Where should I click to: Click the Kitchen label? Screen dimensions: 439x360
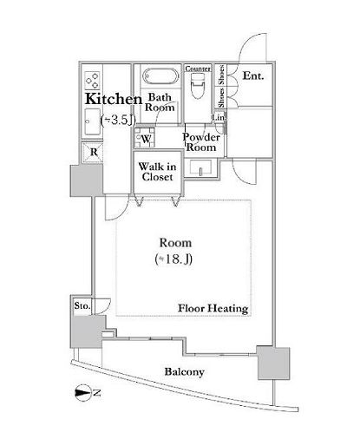113,99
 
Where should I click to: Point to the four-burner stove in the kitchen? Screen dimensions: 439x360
92,79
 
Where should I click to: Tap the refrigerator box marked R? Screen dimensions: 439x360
93,151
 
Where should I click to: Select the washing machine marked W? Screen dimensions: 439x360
147,138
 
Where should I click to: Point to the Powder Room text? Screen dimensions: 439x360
201,142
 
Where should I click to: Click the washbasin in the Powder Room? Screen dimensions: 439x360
201,170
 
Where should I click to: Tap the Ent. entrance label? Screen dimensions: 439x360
252,76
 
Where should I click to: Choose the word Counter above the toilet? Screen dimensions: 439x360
199,67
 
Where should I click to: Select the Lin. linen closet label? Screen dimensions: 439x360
219,118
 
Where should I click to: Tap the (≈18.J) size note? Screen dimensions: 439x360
174,259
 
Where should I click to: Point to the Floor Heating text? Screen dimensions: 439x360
213,308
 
